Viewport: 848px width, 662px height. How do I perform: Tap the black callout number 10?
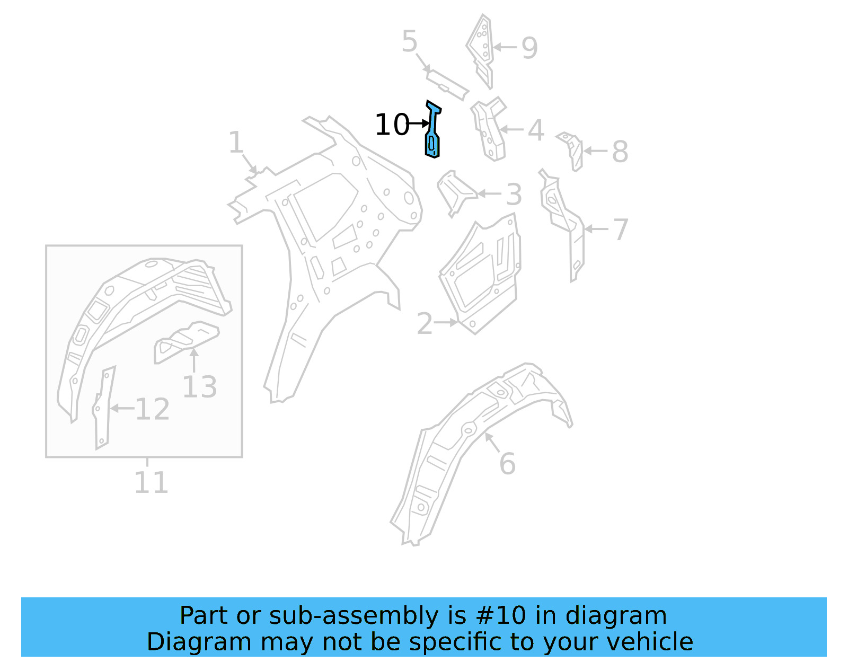click(392, 125)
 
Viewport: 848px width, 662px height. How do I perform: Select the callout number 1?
click(235, 143)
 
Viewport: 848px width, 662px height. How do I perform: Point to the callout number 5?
click(409, 41)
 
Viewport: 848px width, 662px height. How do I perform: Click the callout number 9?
click(529, 48)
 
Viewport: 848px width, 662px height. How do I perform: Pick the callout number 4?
click(536, 130)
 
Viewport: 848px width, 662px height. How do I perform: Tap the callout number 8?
click(620, 152)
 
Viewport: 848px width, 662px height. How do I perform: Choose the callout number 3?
click(514, 195)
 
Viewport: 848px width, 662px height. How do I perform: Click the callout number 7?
click(620, 230)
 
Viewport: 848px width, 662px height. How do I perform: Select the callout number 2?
click(425, 323)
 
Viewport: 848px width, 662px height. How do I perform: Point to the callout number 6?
click(507, 464)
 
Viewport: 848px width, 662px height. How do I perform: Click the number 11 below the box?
click(151, 482)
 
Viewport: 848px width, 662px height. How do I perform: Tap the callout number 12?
click(152, 409)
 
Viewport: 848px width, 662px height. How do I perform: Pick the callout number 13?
click(199, 387)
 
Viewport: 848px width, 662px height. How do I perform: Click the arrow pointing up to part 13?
click(194, 360)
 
